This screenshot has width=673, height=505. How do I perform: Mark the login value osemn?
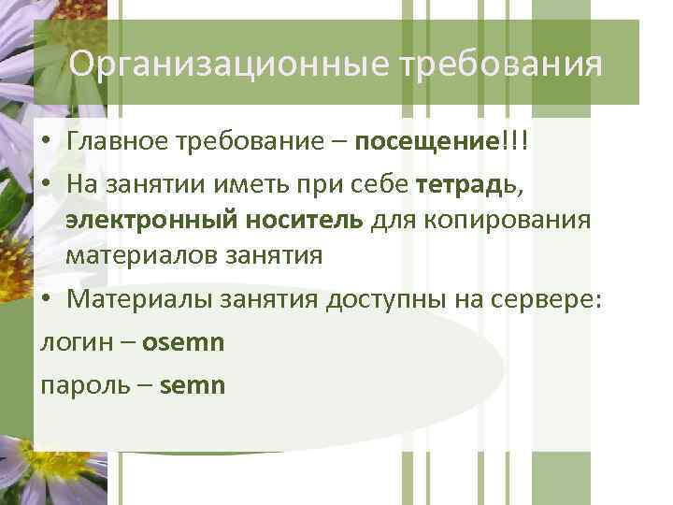click(x=184, y=342)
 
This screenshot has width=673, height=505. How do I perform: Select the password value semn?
click(x=193, y=384)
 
